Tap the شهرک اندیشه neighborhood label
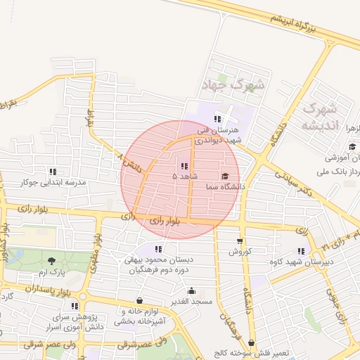[x=320, y=117]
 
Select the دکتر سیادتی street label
[x=286, y=179]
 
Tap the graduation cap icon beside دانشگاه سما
[x=225, y=176]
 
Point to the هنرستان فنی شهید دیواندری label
[x=218, y=135]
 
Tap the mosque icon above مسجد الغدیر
[x=191, y=290]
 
